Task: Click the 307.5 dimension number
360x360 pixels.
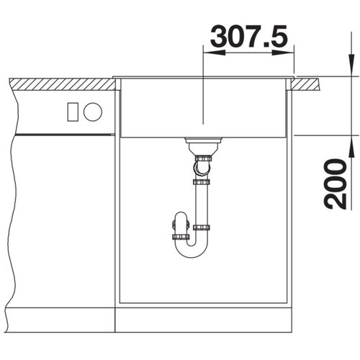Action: tap(249, 36)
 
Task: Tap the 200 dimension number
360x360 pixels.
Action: tap(335, 184)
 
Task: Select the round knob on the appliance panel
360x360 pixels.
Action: tap(93, 112)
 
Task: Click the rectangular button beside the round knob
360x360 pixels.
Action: tap(73, 112)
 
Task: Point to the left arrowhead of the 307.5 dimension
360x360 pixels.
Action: tap(214, 53)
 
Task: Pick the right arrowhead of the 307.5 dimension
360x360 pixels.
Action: tap(283, 53)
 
